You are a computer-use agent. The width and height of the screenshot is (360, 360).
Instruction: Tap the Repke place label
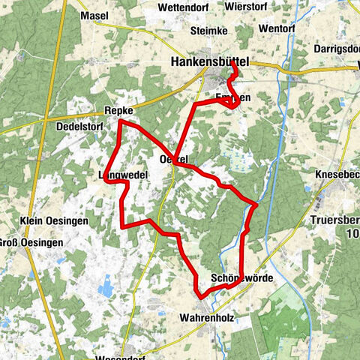118,111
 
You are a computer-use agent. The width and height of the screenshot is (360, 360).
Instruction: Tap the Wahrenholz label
207,318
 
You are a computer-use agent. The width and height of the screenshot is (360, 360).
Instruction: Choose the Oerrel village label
173,159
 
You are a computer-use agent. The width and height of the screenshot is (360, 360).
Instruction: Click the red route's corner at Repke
119,121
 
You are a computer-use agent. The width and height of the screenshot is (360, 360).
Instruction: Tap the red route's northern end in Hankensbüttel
233,64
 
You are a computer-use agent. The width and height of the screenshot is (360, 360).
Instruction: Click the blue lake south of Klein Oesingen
106,286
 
